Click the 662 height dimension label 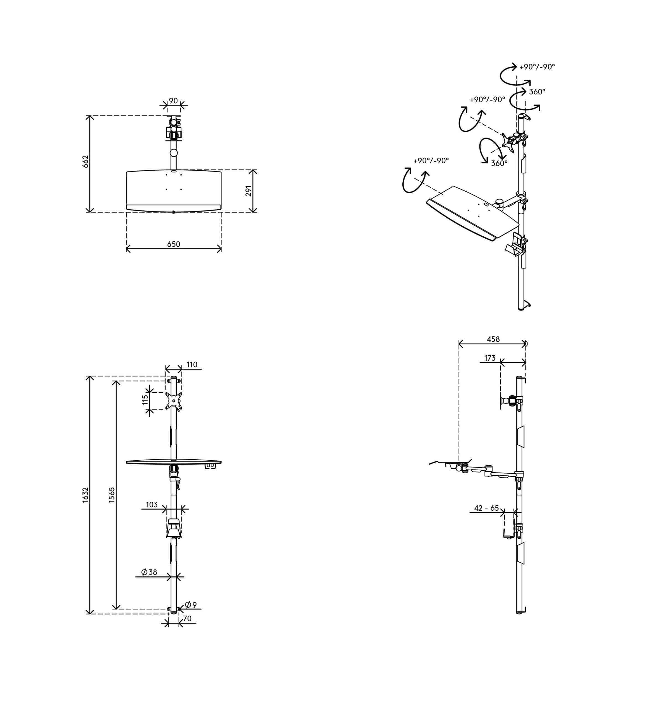[x=86, y=162]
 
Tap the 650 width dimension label [x=173, y=244]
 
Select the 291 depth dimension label [x=249, y=190]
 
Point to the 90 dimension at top [x=173, y=101]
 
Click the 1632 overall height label [x=85, y=495]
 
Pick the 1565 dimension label [x=112, y=495]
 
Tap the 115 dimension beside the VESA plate [x=145, y=400]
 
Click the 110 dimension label [x=192, y=365]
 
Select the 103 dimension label [x=152, y=505]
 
